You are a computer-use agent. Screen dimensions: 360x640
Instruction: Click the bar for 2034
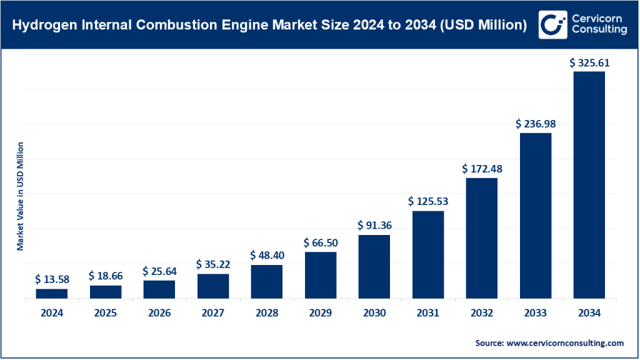589,185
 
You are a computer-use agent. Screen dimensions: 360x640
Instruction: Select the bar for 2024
52,294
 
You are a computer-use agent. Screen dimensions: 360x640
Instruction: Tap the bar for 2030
374,267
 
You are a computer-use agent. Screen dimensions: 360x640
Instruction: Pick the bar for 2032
481,239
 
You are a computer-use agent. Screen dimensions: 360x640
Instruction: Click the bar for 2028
267,282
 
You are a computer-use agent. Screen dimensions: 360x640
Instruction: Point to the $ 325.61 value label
589,63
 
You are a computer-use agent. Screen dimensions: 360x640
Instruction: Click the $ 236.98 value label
536,124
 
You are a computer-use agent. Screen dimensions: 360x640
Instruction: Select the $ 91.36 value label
374,226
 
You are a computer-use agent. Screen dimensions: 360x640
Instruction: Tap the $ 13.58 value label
52,279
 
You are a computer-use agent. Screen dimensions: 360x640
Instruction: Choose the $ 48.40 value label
267,256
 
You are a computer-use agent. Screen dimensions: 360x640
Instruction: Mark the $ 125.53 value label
428,201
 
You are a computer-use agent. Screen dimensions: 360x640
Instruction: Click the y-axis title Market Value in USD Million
20,196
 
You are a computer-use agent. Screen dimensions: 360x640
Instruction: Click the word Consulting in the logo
599,30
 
